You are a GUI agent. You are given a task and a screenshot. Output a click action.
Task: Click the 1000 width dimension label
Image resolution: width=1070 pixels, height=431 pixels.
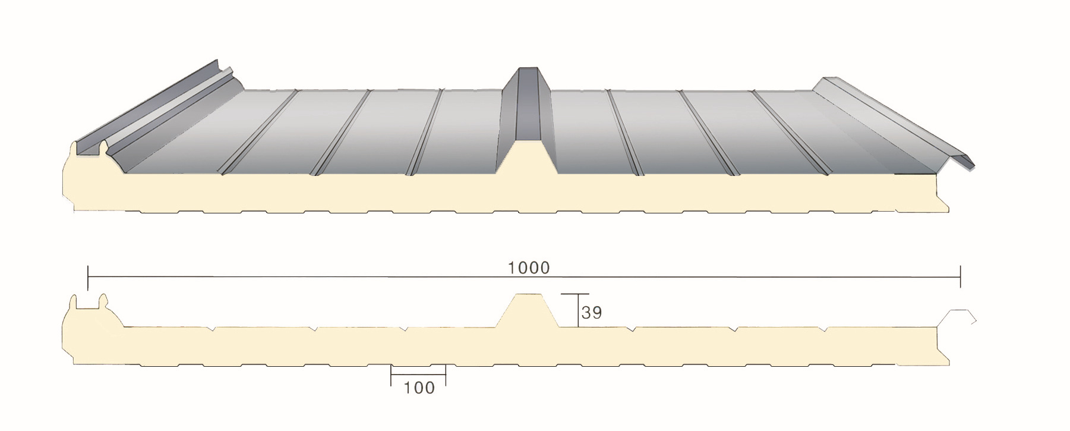(x=529, y=268)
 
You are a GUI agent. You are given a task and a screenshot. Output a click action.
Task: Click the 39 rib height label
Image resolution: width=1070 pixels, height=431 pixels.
(x=592, y=313)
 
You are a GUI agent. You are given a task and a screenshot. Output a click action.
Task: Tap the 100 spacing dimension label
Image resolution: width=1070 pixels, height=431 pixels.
(x=419, y=388)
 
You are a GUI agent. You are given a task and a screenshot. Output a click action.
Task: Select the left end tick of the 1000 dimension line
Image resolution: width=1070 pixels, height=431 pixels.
(x=88, y=278)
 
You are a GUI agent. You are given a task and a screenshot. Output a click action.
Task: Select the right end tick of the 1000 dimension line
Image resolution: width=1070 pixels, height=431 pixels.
(x=960, y=278)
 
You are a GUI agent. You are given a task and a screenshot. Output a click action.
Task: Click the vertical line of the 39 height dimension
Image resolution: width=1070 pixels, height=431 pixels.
(x=578, y=310)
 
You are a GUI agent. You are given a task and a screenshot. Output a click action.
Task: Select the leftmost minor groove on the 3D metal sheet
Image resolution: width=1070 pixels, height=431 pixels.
(x=259, y=131)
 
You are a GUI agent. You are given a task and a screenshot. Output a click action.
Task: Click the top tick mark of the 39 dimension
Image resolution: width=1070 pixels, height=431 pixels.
(x=575, y=294)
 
